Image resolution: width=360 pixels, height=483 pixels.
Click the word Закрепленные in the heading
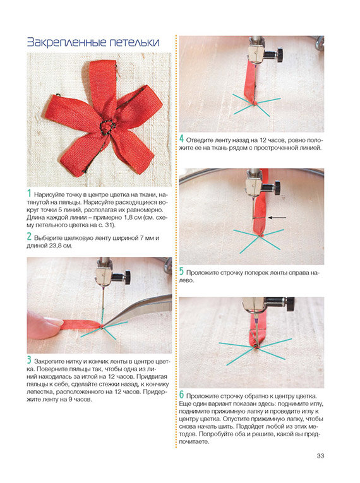click(x=66, y=42)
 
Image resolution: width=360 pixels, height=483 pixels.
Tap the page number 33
click(x=320, y=456)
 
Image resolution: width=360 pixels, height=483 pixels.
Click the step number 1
click(x=29, y=194)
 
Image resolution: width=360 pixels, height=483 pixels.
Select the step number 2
click(x=29, y=237)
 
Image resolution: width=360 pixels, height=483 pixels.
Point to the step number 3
click(x=29, y=360)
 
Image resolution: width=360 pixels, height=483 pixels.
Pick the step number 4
click(x=182, y=140)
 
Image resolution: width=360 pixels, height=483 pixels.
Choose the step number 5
click(x=181, y=271)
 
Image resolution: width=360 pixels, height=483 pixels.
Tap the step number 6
click(x=181, y=395)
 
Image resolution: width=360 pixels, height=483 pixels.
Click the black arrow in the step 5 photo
click(x=277, y=218)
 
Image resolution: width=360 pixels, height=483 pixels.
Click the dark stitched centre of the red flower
click(x=106, y=126)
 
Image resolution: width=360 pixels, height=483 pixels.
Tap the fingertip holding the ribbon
click(x=45, y=325)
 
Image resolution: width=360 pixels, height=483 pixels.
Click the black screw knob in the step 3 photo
click(x=127, y=276)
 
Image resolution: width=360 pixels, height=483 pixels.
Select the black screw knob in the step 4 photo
click(x=280, y=54)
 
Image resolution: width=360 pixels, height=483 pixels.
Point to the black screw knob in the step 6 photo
click(x=290, y=304)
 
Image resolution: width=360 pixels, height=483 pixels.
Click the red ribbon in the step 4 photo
click(x=250, y=83)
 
